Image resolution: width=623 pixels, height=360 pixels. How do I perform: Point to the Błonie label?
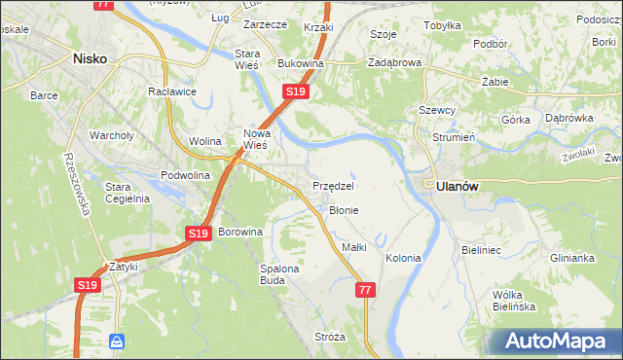tap(344, 210)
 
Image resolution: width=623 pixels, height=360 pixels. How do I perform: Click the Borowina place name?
tap(240, 233)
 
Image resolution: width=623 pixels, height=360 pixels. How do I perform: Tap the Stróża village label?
tap(330, 337)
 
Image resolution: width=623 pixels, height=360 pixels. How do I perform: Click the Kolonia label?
tap(403, 259)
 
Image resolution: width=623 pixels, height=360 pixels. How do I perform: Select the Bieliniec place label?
tap(481, 250)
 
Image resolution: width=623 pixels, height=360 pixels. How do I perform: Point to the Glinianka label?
tap(571, 259)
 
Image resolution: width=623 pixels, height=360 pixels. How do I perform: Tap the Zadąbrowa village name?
tap(394, 62)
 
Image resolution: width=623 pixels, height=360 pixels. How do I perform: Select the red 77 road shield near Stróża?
tap(365, 290)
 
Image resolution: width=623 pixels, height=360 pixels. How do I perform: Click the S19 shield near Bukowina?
tap(296, 91)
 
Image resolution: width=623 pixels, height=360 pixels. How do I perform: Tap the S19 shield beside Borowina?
tap(198, 234)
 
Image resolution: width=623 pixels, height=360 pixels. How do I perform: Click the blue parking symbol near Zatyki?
tap(117, 342)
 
